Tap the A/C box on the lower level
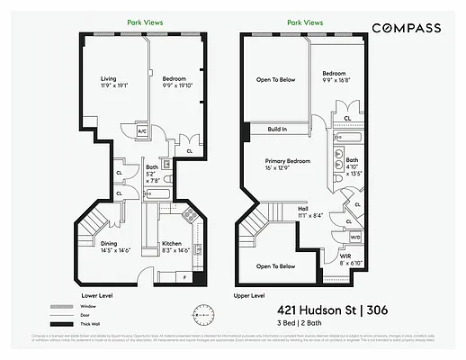click(141, 131)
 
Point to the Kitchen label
click(173, 246)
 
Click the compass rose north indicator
click(200, 313)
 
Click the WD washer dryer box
click(355, 238)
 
